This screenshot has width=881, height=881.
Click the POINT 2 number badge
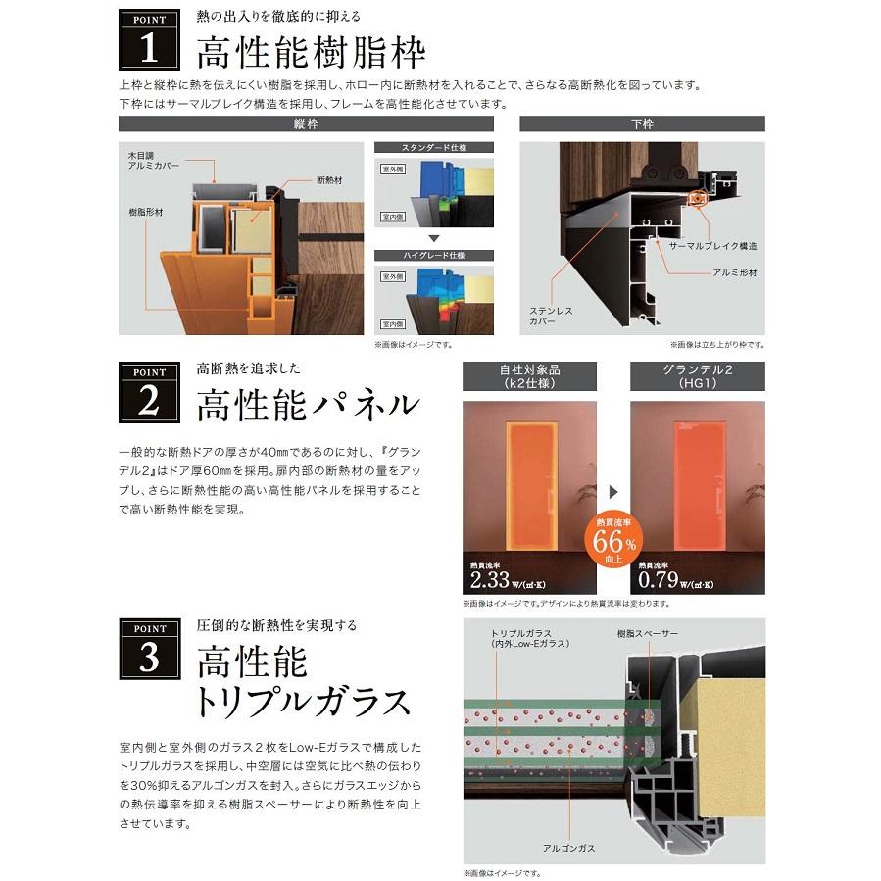click(149, 394)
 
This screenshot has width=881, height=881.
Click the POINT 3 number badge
click(149, 650)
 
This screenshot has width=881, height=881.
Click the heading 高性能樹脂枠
click(311, 50)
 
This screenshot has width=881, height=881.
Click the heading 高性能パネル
click(308, 404)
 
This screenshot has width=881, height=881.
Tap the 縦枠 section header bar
click(306, 124)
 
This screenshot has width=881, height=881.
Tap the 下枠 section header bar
click(642, 124)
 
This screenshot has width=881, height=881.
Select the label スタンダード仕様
click(434, 148)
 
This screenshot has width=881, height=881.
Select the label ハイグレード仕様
click(434, 255)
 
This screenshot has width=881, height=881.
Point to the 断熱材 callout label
click(328, 181)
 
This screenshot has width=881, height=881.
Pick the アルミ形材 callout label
click(734, 272)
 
